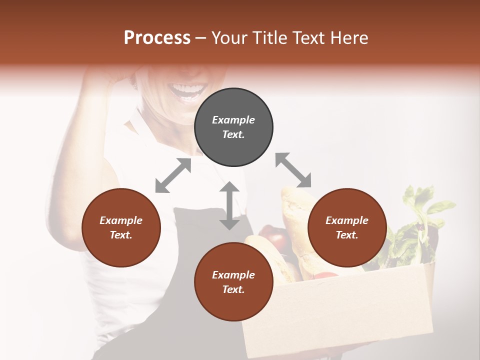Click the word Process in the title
click(x=157, y=38)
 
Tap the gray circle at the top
click(x=233, y=127)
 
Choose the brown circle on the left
click(x=121, y=227)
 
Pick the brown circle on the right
click(x=347, y=227)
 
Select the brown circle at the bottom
click(x=233, y=282)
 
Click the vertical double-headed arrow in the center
click(x=229, y=205)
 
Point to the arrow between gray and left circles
click(x=173, y=175)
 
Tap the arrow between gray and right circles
click(x=293, y=170)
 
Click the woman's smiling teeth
click(x=187, y=90)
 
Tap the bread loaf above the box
click(x=295, y=215)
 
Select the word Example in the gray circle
click(x=233, y=120)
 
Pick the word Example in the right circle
click(x=347, y=220)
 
